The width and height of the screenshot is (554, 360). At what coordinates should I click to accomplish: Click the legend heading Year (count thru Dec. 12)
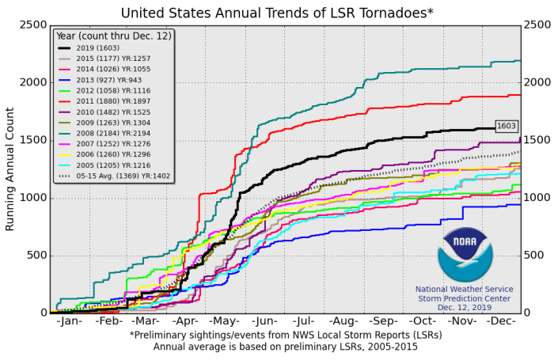pos(112,35)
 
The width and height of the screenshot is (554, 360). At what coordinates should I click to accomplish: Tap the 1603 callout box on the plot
pos(507,126)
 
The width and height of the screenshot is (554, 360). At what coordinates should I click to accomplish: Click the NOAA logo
pos(465,255)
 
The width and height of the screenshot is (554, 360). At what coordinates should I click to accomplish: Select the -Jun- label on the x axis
pos(264,324)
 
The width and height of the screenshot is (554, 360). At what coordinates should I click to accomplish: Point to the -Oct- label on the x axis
pos(424,324)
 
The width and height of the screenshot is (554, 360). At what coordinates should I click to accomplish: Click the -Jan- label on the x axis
pos(70,324)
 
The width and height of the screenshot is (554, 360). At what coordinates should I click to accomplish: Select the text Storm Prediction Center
pos(465,298)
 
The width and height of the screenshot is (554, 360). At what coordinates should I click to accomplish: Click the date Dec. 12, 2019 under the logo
pos(465,307)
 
